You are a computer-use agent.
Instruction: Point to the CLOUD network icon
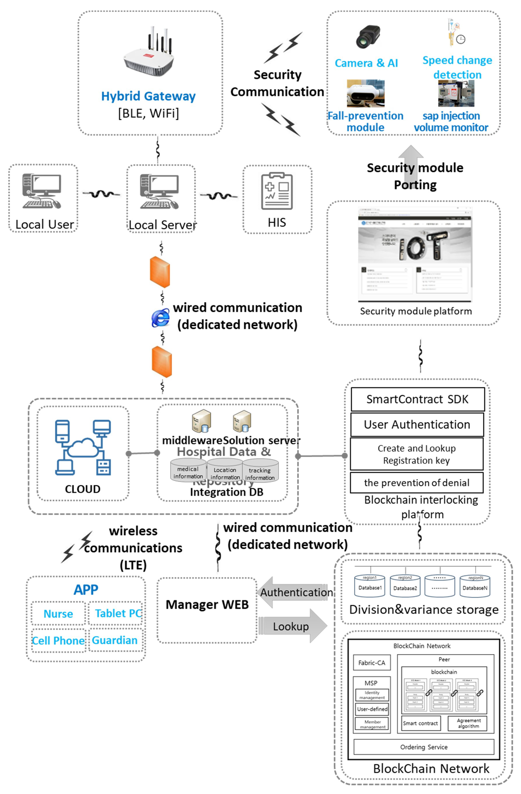(x=83, y=447)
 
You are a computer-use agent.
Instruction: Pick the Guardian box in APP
(x=115, y=640)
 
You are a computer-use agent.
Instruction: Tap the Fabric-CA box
(x=372, y=663)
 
